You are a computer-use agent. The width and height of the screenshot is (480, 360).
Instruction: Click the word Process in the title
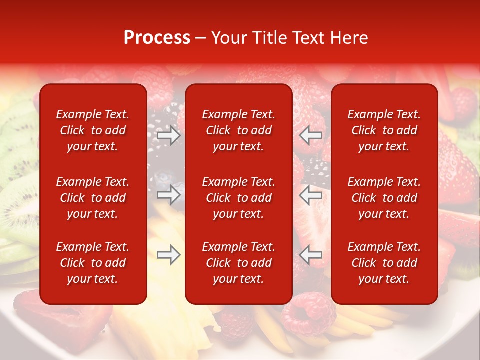point(157,38)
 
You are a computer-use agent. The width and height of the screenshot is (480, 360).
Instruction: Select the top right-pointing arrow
point(168,135)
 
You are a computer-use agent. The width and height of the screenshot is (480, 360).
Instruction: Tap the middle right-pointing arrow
point(168,195)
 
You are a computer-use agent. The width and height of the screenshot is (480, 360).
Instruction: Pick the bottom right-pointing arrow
point(168,255)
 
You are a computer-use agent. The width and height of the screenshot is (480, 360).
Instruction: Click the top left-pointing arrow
point(311,135)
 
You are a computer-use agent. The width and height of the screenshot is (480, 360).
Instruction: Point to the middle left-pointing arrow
point(311,195)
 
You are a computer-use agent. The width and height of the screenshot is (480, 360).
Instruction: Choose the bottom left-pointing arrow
point(311,255)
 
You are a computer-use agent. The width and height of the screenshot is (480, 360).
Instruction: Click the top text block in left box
point(93,130)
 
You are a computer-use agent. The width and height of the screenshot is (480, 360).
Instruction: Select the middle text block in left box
point(93,198)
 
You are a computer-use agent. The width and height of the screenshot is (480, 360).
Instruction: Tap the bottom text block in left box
point(93,263)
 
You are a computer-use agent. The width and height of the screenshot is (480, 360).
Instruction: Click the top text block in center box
point(238,130)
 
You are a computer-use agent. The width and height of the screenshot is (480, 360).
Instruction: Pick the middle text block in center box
point(238,198)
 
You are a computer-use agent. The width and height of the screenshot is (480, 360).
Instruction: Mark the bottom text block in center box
point(238,263)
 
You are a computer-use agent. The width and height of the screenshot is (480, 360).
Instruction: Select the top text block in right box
point(384,130)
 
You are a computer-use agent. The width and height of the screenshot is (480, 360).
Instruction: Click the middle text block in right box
point(384,198)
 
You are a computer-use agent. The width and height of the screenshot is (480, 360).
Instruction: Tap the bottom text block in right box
point(384,263)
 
